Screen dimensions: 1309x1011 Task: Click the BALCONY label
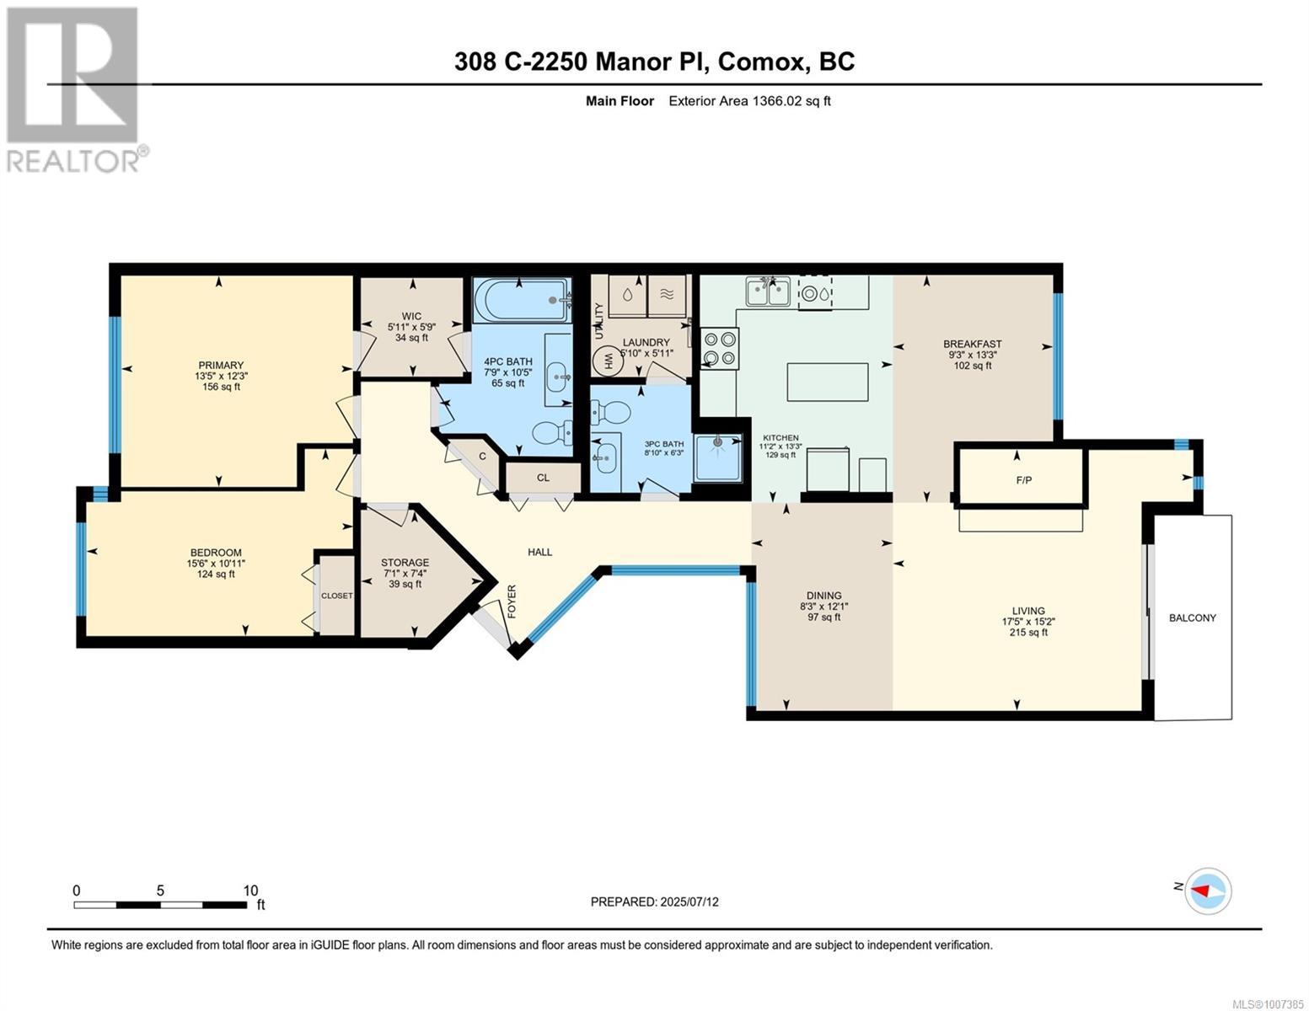tap(1192, 618)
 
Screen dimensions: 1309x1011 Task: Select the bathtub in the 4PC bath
tap(522, 300)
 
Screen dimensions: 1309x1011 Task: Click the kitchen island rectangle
tap(828, 382)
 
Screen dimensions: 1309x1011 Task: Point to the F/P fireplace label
tap(1023, 480)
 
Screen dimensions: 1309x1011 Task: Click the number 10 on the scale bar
tap(250, 890)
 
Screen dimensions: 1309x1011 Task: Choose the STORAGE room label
tap(405, 563)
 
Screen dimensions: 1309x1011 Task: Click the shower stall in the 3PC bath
tap(717, 457)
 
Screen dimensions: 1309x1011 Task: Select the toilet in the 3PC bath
tap(609, 414)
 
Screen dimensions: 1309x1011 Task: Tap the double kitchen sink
tap(768, 292)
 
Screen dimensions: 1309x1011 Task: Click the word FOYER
tap(512, 601)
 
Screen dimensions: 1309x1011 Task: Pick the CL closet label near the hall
tap(543, 478)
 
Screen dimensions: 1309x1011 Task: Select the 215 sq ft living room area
tap(1028, 632)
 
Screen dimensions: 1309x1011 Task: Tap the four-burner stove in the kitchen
tap(719, 348)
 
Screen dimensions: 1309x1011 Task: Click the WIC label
tap(411, 316)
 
